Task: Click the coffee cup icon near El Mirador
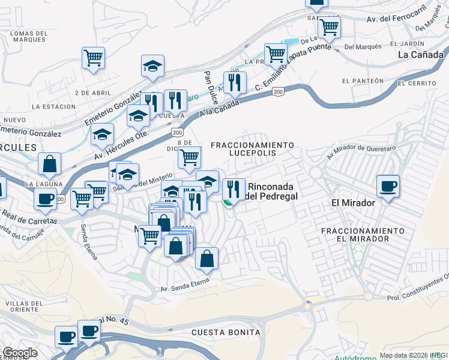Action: point(388,187)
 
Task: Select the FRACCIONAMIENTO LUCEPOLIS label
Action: point(253,149)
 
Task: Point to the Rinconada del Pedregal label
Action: point(273,191)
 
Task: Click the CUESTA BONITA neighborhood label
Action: point(226,332)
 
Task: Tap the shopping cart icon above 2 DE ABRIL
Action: point(93,59)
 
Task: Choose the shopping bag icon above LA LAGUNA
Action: point(50,163)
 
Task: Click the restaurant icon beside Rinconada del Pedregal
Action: point(234,190)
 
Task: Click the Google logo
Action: point(20,353)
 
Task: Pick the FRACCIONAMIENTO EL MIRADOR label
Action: point(363,235)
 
